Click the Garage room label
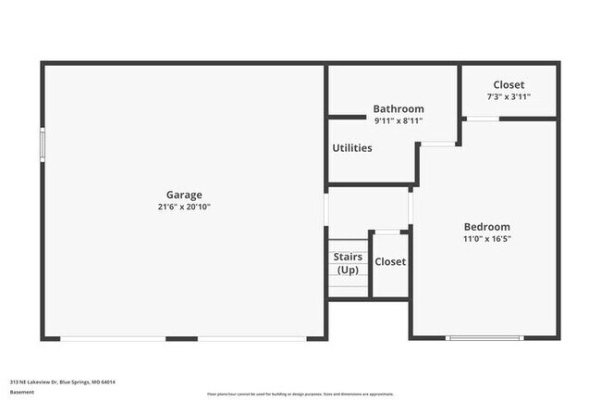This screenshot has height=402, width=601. [184, 195]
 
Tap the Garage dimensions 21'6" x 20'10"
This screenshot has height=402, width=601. [184, 207]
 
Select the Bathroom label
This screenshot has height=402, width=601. [399, 108]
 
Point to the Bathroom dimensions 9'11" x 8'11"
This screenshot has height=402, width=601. [399, 120]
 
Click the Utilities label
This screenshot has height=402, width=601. [352, 147]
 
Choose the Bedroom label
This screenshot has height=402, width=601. [486, 226]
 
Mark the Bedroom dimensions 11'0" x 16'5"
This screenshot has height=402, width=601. [486, 238]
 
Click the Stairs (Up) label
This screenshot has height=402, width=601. [348, 263]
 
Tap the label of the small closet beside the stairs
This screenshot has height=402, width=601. [390, 261]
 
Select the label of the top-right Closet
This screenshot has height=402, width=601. [509, 84]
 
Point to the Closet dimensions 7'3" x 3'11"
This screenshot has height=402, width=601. [509, 96]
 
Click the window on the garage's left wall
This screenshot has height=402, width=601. [42, 146]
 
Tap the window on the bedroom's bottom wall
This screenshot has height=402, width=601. [476, 338]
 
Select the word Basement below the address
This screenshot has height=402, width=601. [23, 392]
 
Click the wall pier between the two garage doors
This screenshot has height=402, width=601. [180, 338]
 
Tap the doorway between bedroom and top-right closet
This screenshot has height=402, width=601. [482, 119]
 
